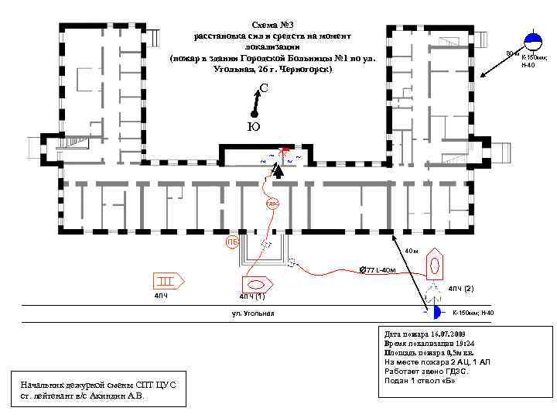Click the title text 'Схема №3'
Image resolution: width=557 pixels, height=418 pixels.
point(275,26)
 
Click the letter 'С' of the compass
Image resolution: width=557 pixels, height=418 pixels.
point(265,88)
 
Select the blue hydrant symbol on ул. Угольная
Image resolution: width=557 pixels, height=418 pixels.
point(435,312)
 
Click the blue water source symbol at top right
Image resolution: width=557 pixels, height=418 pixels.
point(534,40)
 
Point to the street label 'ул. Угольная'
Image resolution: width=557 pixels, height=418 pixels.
point(253,313)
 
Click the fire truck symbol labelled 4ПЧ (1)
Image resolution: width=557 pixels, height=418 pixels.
point(255,284)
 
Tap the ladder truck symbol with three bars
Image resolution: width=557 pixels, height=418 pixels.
point(167,280)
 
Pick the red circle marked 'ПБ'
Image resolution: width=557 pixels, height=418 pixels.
point(232,243)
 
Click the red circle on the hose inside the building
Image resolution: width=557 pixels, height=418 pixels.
point(272,204)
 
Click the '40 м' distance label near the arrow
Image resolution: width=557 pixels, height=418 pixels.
point(412,252)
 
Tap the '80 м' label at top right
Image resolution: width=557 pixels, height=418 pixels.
point(511,53)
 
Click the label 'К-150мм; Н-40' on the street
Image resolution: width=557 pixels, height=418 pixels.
point(473,313)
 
